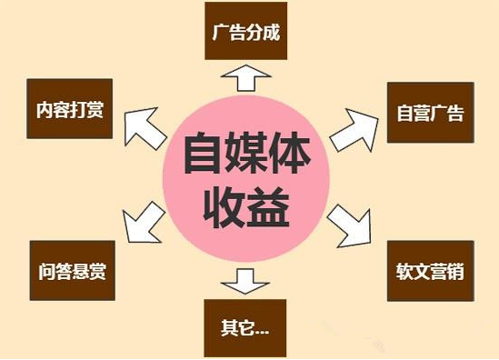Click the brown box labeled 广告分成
tap(245, 34)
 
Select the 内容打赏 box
tap(68, 113)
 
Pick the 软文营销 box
tap(430, 271)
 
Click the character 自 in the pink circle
tap(201, 155)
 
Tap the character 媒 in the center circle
tap(245, 155)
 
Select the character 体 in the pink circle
tap(291, 155)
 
